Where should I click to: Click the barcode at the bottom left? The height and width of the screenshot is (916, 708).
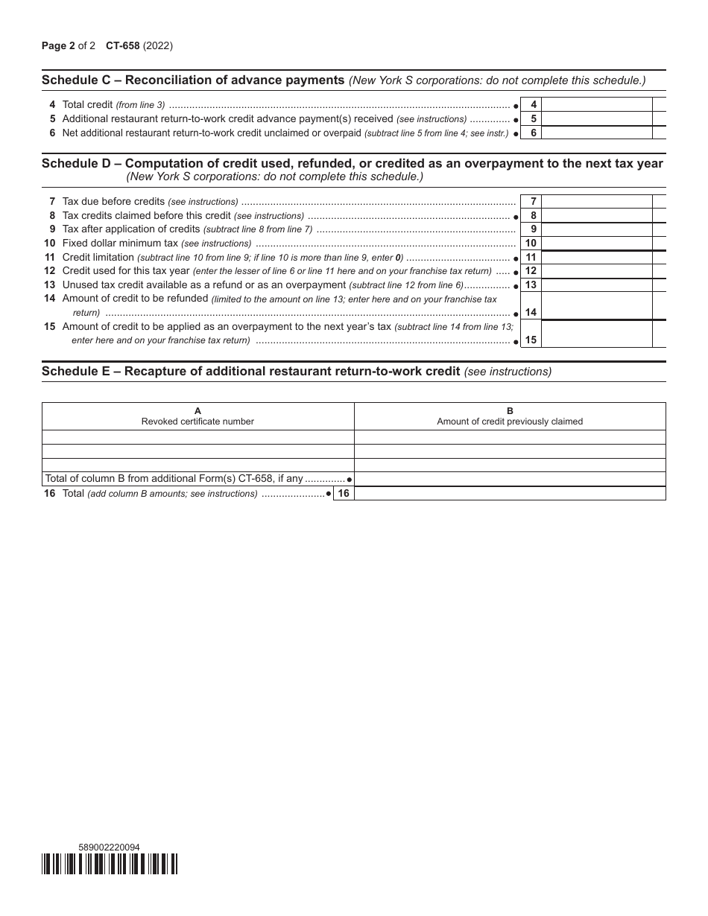point(110,864)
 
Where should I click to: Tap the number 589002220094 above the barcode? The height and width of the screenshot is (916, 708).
point(109,847)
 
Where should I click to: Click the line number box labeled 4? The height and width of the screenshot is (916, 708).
point(533,105)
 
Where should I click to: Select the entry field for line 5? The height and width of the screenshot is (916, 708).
point(596,119)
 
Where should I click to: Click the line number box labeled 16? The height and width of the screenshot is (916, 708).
point(344,494)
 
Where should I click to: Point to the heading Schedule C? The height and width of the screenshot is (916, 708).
point(192,80)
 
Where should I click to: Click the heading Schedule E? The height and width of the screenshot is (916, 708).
point(250,372)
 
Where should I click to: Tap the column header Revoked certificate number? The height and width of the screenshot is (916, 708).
point(197,422)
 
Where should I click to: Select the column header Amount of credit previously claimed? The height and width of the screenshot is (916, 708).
point(510,422)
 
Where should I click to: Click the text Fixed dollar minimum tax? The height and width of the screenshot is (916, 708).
point(120,244)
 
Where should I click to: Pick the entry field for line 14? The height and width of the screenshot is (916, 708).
point(596,306)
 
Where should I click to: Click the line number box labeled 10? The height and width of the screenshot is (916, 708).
point(531,244)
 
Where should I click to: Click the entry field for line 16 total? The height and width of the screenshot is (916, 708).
point(510,494)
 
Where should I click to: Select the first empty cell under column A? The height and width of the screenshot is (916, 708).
point(197,437)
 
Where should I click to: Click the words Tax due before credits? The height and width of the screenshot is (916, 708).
point(113,202)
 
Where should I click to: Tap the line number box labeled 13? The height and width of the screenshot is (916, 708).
point(531,285)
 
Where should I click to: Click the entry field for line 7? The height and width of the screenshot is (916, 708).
point(596,202)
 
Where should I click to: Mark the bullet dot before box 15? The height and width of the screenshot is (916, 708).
point(516,341)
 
